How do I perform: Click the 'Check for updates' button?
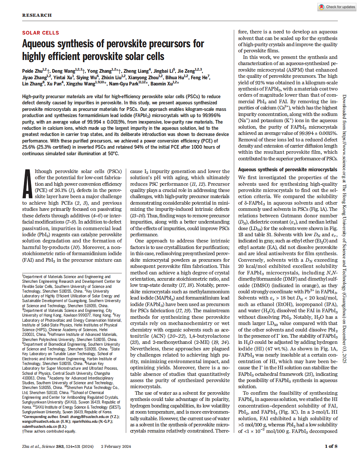(x=337, y=7)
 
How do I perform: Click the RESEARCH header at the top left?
(x=37, y=15)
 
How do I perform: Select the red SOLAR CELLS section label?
(x=40, y=33)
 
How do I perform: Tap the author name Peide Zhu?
(x=32, y=71)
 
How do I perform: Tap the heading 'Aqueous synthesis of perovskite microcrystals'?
(x=288, y=169)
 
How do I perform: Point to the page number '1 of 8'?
(x=331, y=446)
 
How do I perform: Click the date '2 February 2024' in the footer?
(x=116, y=446)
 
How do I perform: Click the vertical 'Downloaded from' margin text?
(x=344, y=229)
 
